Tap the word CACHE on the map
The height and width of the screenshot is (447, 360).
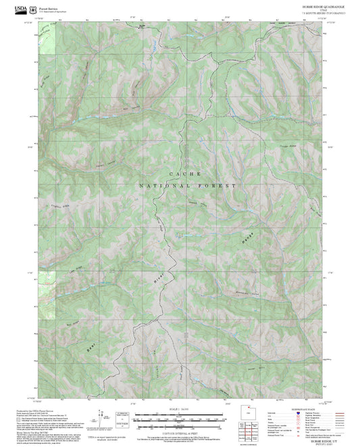pos(180,174)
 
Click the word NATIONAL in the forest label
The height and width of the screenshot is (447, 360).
pos(159,185)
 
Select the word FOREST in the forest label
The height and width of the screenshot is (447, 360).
pos(217,185)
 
